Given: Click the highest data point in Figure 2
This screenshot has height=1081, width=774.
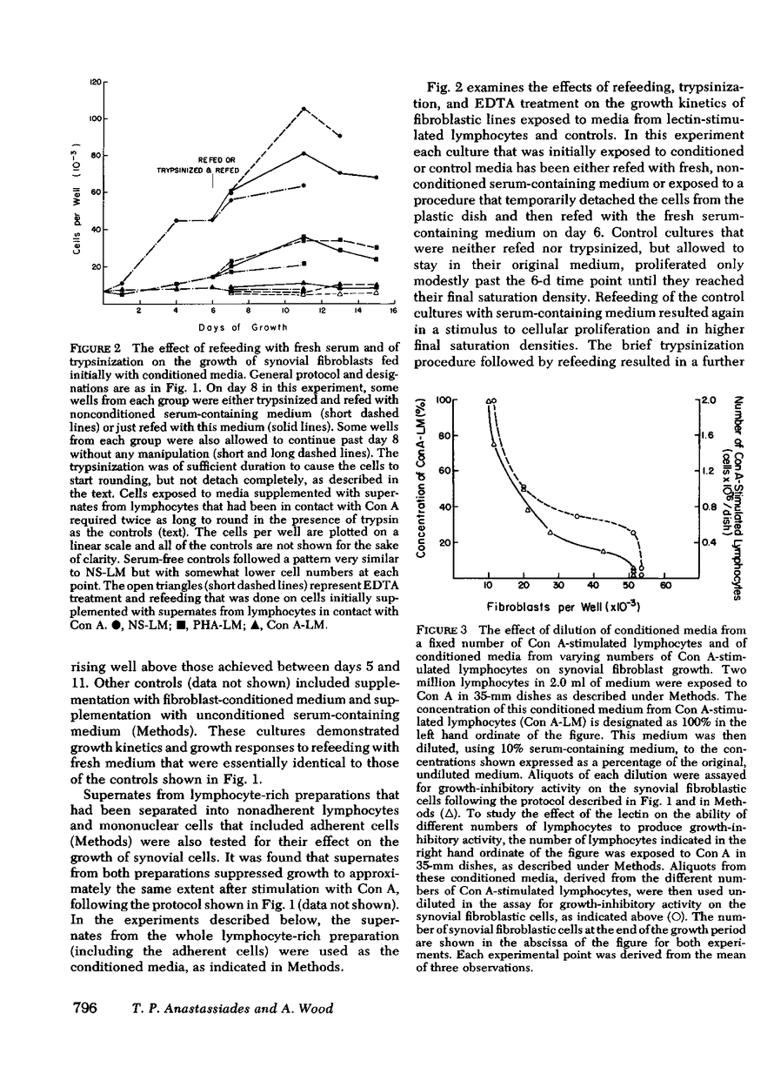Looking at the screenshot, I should (x=304, y=109).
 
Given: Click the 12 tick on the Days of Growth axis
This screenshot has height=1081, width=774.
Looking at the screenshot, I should (x=322, y=311).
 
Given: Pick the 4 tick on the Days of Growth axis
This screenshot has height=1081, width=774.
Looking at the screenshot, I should (x=176, y=311).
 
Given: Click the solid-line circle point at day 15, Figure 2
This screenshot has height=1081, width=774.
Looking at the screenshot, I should (x=376, y=178).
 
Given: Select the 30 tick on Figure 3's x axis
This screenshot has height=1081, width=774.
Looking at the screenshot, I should (x=557, y=585).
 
